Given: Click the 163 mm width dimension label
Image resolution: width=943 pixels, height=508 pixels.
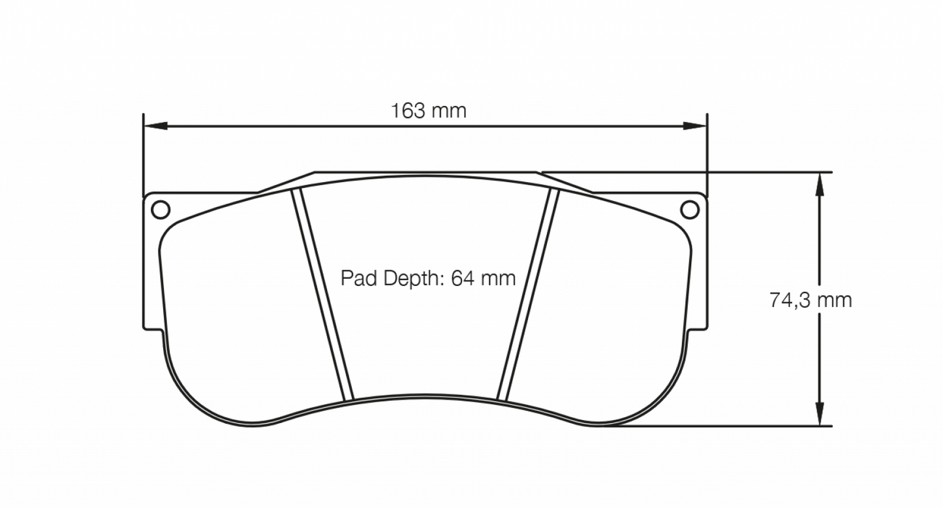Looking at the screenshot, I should pyautogui.click(x=429, y=111).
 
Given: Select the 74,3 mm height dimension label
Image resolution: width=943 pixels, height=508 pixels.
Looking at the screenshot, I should pyautogui.click(x=811, y=300).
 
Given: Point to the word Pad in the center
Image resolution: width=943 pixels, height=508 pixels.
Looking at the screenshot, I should pyautogui.click(x=358, y=279).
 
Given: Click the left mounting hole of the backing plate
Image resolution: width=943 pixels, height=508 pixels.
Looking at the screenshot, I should pyautogui.click(x=160, y=209).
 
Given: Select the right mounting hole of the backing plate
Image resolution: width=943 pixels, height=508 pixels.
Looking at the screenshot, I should pyautogui.click(x=689, y=209).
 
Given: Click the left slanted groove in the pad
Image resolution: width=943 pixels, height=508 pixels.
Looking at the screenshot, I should pyautogui.click(x=322, y=294).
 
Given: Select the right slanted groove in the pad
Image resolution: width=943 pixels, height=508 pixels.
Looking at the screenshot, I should pyautogui.click(x=528, y=294).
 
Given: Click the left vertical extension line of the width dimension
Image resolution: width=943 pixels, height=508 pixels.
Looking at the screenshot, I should pyautogui.click(x=143, y=157).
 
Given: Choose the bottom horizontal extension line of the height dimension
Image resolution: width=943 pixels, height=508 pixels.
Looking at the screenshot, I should pyautogui.click(x=718, y=426).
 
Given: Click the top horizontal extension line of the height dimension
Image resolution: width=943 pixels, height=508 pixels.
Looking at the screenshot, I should pyautogui.click(x=685, y=172).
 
